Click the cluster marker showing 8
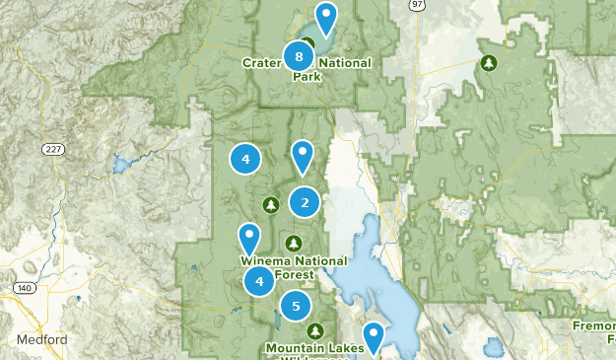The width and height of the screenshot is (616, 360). [299, 56]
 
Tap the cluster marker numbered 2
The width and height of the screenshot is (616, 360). [305, 203]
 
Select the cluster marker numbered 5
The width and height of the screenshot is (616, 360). [295, 306]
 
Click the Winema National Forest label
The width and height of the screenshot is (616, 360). [294, 267]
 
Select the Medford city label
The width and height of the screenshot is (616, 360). [41, 340]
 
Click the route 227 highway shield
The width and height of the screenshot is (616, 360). [53, 149]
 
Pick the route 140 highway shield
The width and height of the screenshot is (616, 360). [25, 288]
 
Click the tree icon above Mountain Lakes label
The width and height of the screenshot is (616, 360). [314, 330]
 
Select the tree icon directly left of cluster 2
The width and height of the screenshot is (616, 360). [271, 204]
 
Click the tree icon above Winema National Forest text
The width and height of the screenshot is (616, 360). [292, 243]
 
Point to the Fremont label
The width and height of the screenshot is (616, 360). [593, 324]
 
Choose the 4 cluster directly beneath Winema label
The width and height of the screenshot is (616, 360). [259, 282]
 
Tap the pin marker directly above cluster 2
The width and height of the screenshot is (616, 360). [303, 156]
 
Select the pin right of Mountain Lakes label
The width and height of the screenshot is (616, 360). [374, 338]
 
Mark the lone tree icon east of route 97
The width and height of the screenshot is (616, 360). [489, 63]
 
